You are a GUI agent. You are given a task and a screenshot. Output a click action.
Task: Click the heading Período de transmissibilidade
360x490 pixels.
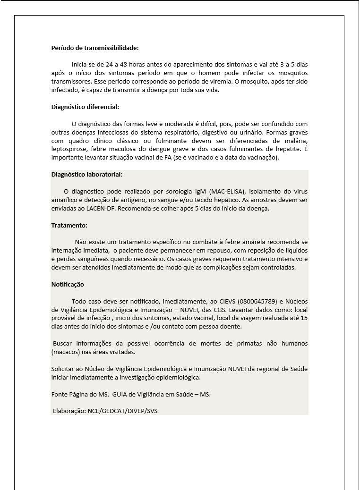pos(94,48)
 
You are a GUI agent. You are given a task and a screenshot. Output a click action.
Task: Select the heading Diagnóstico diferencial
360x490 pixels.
pos(85,107)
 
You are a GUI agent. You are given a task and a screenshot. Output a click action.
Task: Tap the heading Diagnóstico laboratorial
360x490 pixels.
pos(86,175)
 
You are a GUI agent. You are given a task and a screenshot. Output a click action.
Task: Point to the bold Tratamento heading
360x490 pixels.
pos(69,226)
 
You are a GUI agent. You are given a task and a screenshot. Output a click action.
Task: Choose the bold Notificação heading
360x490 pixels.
pos(68,285)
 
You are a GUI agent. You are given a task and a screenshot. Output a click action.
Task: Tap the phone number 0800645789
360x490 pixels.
pos(256,301)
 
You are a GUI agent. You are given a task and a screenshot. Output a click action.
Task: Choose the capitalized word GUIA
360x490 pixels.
pos(121,394)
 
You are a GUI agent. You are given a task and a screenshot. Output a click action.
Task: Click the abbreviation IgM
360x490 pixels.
pos(200,191)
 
